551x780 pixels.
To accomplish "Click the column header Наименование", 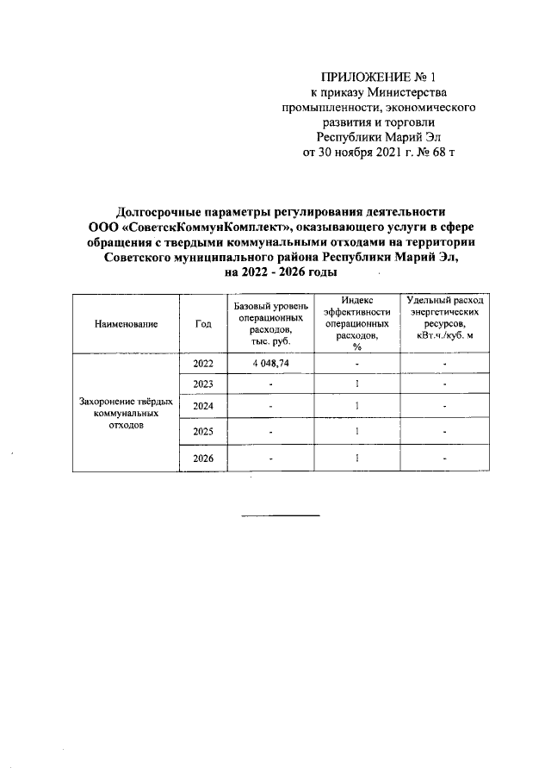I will click(127, 324).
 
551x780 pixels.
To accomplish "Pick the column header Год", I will click(203, 324).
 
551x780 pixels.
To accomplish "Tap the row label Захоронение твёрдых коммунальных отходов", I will click(127, 414).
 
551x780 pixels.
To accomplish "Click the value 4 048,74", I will click(269, 364).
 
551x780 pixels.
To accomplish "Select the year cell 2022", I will click(203, 364).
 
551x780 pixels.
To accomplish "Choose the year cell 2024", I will click(203, 407).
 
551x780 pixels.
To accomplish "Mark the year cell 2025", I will click(203, 431).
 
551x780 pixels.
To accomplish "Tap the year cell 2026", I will click(203, 459).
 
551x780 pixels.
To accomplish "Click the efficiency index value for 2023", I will click(356, 384).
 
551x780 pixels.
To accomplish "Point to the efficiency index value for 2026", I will click(356, 459).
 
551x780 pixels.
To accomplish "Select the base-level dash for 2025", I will click(269, 432).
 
